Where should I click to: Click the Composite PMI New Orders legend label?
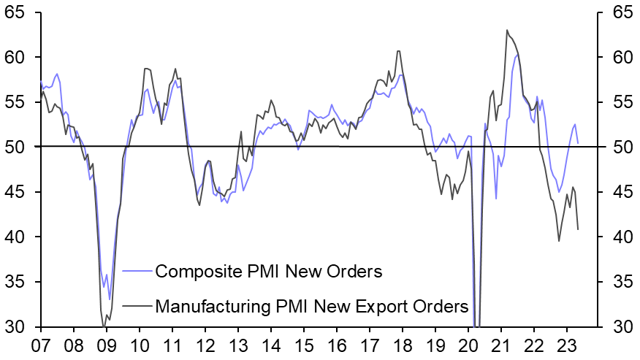click(269, 272)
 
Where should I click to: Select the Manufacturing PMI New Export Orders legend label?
click(312, 307)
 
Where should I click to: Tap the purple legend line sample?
click(137, 272)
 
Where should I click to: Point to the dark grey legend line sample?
click(137, 307)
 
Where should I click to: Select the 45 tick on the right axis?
click(618, 192)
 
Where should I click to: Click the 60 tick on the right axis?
click(618, 58)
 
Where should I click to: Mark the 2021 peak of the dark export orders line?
click(506, 30)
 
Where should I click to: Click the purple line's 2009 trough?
click(110, 299)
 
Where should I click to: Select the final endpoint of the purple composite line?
click(578, 143)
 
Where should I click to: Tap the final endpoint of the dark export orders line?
click(579, 229)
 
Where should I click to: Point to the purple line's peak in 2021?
click(517, 55)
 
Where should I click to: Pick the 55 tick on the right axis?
click(618, 102)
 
